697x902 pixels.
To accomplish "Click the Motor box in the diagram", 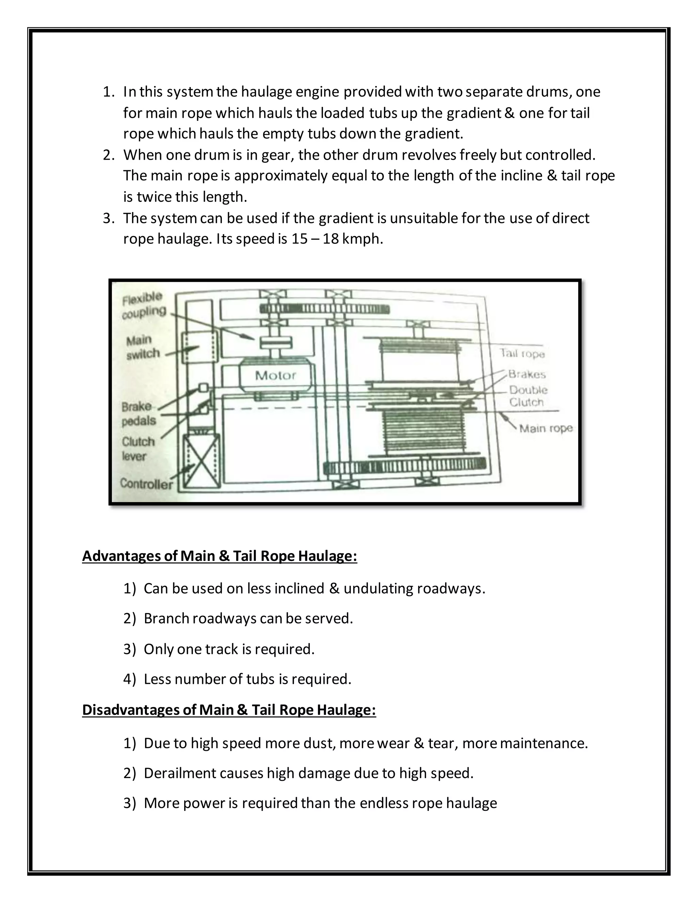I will coord(275,375).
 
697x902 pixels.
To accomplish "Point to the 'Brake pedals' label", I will coord(139,414).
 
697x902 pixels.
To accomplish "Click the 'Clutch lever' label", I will coord(138,449).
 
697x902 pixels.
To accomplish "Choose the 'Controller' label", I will coord(146,484).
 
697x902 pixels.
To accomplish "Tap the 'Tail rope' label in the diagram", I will coord(522,354).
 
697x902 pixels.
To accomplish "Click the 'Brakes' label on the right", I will coord(527,374).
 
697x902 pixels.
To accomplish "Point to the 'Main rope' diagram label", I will coord(546,428).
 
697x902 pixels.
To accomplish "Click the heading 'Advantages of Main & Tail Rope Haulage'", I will coord(219,556).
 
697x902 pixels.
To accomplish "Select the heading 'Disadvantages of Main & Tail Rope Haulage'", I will coord(229,710).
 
